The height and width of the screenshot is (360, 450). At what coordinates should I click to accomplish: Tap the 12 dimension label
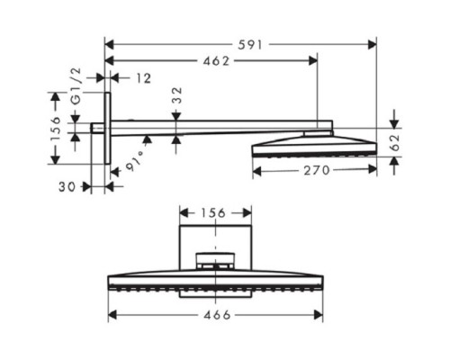pyautogui.click(x=144, y=78)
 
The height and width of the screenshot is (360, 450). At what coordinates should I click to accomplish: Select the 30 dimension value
pyautogui.click(x=66, y=187)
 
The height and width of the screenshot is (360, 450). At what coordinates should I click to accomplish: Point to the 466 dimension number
pyautogui.click(x=215, y=315)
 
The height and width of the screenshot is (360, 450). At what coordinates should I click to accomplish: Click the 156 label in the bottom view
pyautogui.click(x=214, y=212)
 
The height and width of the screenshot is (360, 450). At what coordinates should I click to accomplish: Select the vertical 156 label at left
pyautogui.click(x=54, y=125)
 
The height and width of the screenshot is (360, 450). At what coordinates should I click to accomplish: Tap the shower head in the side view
pyautogui.click(x=315, y=145)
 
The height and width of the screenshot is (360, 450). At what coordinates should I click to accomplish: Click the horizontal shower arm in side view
pyautogui.click(x=216, y=134)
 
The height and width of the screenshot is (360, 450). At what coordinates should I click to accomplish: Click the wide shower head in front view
pyautogui.click(x=215, y=279)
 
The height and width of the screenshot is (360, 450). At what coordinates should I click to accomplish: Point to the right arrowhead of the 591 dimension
pyautogui.click(x=373, y=42)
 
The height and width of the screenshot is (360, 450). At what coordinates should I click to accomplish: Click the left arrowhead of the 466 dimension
pyautogui.click(x=112, y=315)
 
